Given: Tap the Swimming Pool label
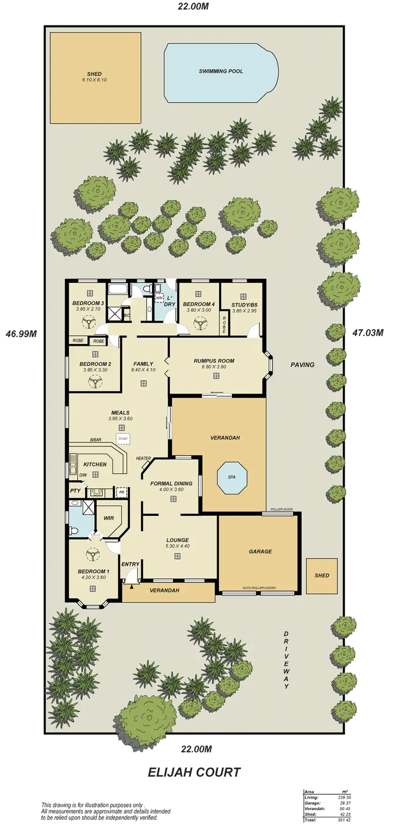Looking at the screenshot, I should point(221,70).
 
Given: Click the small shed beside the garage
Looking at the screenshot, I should point(321,575).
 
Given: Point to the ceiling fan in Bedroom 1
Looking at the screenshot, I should point(93,554).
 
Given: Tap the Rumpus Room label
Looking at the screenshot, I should point(214,361).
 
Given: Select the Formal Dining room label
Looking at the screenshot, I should point(171,483).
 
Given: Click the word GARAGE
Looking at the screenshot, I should point(260,551).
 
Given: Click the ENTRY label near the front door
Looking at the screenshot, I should point(130,564).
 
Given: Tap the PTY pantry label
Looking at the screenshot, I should point(74,491).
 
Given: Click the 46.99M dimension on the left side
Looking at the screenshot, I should point(21,334).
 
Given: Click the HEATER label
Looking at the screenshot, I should point(143,458).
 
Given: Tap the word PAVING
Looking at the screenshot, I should point(302,364).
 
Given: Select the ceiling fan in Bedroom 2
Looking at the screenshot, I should point(94,382).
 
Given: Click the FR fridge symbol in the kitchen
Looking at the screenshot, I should point(121,491).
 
